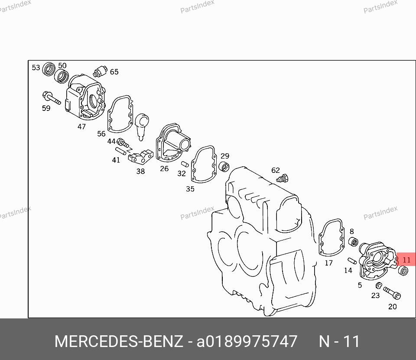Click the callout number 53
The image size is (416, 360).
pos(36,68)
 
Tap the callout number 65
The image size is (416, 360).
pos(114,72)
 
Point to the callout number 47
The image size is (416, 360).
pos(81,126)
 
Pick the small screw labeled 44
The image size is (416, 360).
pos(123,143)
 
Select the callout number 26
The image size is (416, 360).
pos(164,169)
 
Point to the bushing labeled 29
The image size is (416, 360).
pos(224,166)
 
